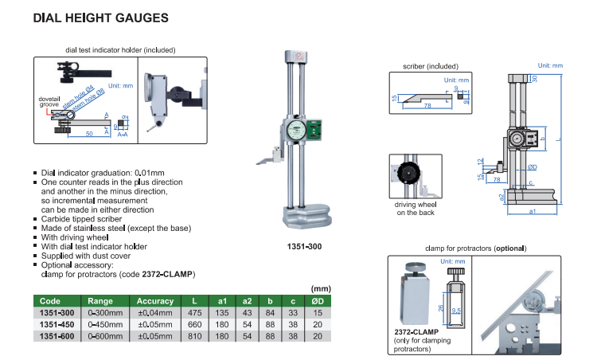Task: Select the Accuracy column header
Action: (x=154, y=301)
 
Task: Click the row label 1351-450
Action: (x=56, y=324)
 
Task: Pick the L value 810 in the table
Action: (x=195, y=336)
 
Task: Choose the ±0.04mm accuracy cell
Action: (x=154, y=313)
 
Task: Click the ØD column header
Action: (x=317, y=301)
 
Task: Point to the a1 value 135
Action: (x=223, y=313)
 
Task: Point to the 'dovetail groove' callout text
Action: (x=49, y=103)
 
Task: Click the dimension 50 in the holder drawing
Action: (x=85, y=132)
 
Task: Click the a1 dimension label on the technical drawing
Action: (x=531, y=211)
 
